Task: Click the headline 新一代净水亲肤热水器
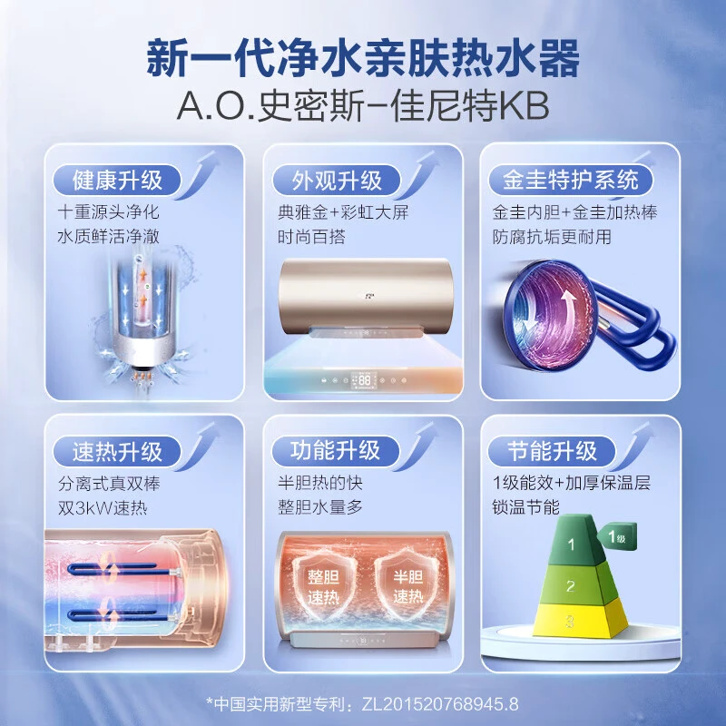coord(363,58)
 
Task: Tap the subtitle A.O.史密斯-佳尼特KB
coord(363,106)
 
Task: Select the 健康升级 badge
coord(117,180)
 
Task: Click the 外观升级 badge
coord(336,180)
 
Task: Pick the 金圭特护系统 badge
coord(571,180)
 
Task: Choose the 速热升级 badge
coord(117,451)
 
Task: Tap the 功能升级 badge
coord(335,451)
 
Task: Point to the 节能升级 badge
coord(552,451)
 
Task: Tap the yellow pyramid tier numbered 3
coord(579,618)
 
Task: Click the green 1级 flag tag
coord(617,537)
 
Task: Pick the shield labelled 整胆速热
coord(324,585)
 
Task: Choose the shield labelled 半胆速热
coord(407,585)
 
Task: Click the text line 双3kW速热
coord(103,508)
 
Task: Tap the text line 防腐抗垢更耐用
coord(552,237)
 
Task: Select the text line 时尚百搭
coord(311,237)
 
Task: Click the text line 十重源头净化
coord(108,212)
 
